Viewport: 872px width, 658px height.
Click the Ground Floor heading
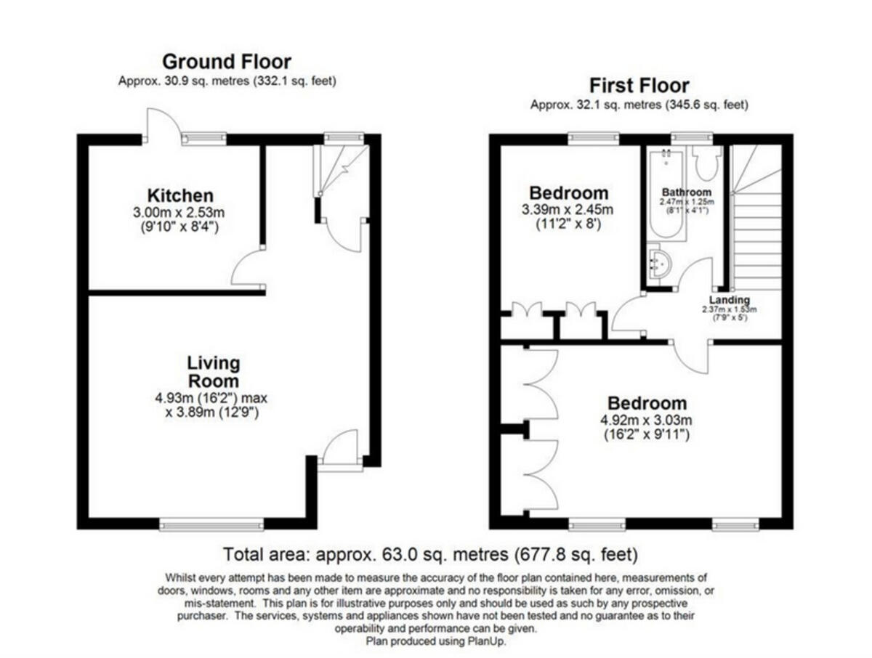pos(226,61)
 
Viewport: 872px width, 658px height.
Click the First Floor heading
pos(639,85)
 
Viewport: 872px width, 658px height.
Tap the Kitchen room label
pos(180,195)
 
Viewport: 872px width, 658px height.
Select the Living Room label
pos(213,372)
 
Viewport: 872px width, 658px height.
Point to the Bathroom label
pos(686,192)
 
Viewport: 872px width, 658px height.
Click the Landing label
pos(730,300)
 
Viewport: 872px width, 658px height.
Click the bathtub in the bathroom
pos(666,195)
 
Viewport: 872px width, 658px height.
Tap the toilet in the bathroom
pos(705,163)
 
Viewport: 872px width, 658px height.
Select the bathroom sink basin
pos(660,264)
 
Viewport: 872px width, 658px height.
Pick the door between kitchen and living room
pos(247,270)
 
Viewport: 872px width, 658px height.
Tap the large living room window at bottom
pos(211,524)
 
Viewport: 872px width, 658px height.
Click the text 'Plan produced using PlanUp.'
pos(436,641)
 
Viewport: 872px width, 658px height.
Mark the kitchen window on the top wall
pos(203,138)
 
